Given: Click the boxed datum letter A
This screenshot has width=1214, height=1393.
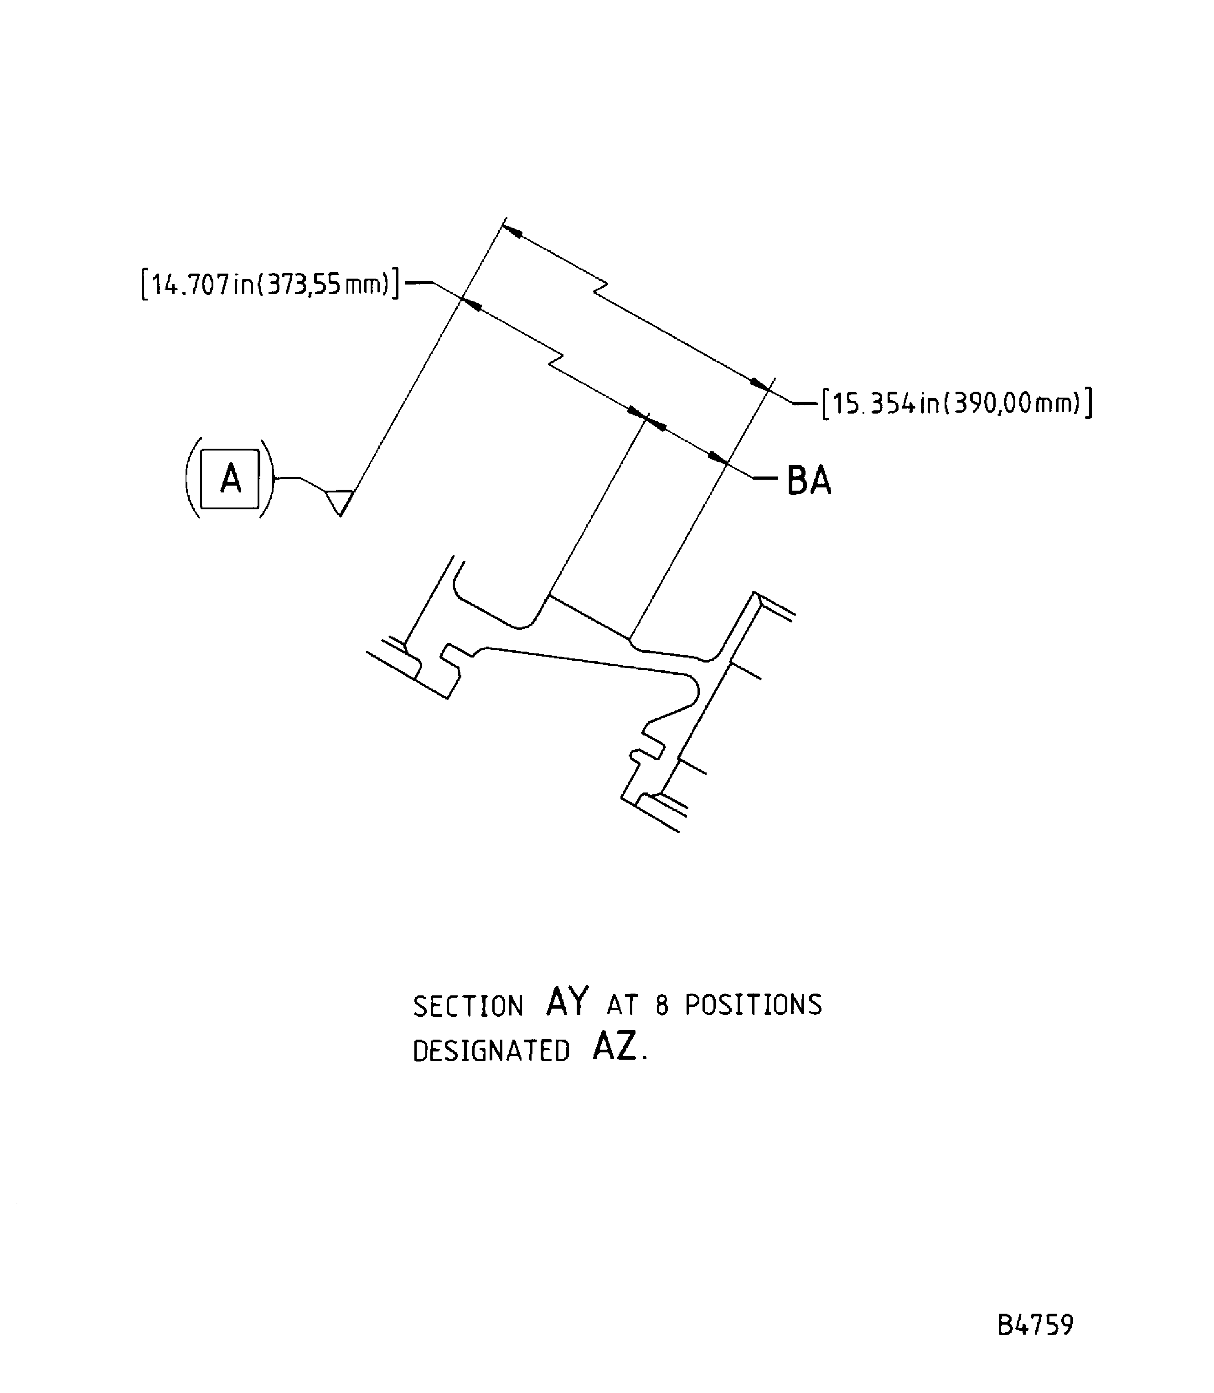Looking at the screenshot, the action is [230, 478].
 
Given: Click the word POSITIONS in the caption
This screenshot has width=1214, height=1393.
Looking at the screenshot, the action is [753, 1005].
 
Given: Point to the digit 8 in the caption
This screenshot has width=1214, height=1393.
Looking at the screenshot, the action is [662, 1005].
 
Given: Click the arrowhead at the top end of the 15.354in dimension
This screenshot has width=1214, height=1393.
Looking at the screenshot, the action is [513, 231].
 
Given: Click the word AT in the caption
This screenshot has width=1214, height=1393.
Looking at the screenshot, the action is [622, 1005].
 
